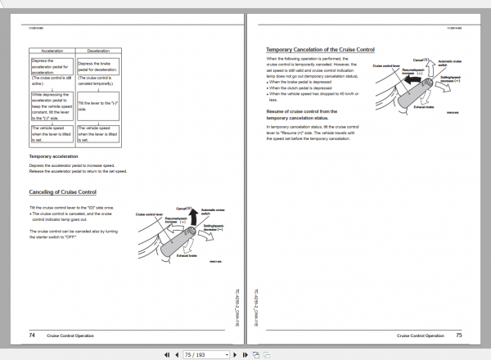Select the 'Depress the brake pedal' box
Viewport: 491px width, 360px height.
point(97,67)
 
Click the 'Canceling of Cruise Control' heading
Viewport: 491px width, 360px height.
point(62,192)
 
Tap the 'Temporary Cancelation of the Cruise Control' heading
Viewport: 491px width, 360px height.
point(320,50)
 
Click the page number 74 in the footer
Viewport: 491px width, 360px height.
point(31,335)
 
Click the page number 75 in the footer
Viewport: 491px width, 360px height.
point(459,335)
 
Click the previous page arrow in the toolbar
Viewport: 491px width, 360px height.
point(178,354)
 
